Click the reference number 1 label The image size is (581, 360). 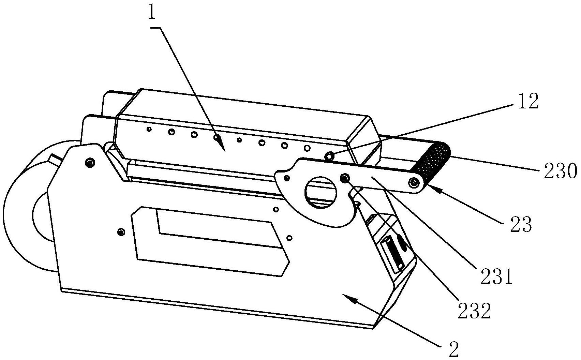click(152, 13)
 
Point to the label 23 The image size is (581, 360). click(521, 224)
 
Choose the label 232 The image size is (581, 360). click(474, 311)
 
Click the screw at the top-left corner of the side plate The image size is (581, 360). click(90, 163)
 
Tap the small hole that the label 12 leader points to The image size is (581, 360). click(329, 156)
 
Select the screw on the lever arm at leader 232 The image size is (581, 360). click(345, 178)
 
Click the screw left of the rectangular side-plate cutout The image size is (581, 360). click(120, 232)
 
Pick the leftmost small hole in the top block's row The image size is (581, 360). click(149, 129)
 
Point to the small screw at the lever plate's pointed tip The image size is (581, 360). click(287, 178)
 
